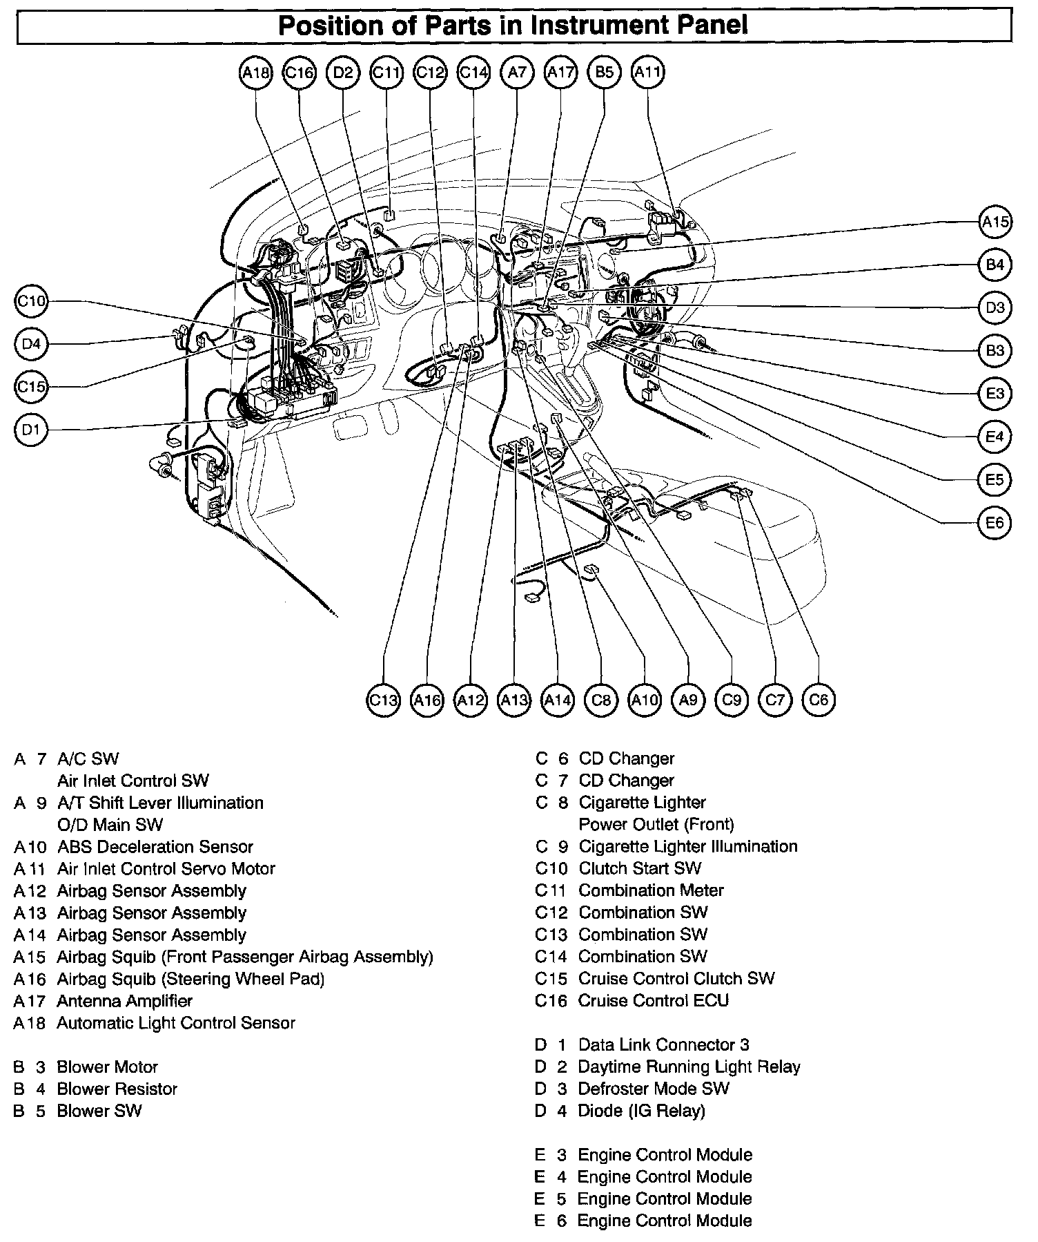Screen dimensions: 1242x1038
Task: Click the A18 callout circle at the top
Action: tap(256, 72)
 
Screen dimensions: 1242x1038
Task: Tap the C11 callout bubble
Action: tap(386, 72)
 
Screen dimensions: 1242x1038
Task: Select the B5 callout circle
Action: tap(604, 72)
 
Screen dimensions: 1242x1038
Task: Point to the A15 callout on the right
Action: tap(995, 222)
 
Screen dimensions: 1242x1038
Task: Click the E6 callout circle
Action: tap(995, 523)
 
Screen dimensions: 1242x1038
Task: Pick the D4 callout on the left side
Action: tap(31, 343)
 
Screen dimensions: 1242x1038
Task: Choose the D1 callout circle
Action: tap(31, 430)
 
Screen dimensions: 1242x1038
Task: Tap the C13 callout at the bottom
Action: tap(383, 700)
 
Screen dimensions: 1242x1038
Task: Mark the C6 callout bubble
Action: tap(819, 700)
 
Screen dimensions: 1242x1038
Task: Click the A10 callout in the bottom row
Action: tap(645, 700)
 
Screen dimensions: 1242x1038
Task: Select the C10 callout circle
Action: tap(31, 301)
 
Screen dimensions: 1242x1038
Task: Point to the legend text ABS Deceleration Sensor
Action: tap(155, 847)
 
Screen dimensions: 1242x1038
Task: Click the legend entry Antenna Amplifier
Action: tap(125, 1001)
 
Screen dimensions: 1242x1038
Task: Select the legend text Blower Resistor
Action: tap(117, 1089)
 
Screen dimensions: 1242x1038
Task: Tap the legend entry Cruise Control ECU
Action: tap(654, 1001)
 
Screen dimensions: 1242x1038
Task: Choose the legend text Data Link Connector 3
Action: tap(664, 1045)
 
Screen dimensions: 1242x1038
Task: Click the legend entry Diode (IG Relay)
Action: tap(642, 1111)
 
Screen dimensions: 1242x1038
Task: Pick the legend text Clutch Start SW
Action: tap(640, 868)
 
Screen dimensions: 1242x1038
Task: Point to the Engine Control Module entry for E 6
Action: tap(665, 1221)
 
